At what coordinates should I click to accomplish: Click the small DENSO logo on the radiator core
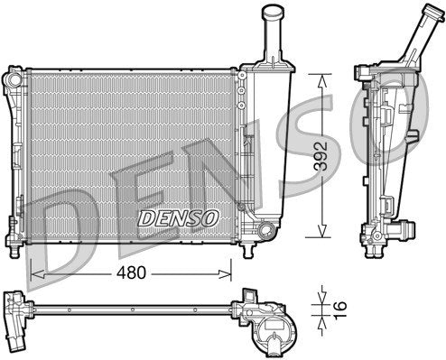pyautogui.click(x=178, y=218)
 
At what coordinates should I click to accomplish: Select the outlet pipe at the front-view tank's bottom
pyautogui.click(x=265, y=233)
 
